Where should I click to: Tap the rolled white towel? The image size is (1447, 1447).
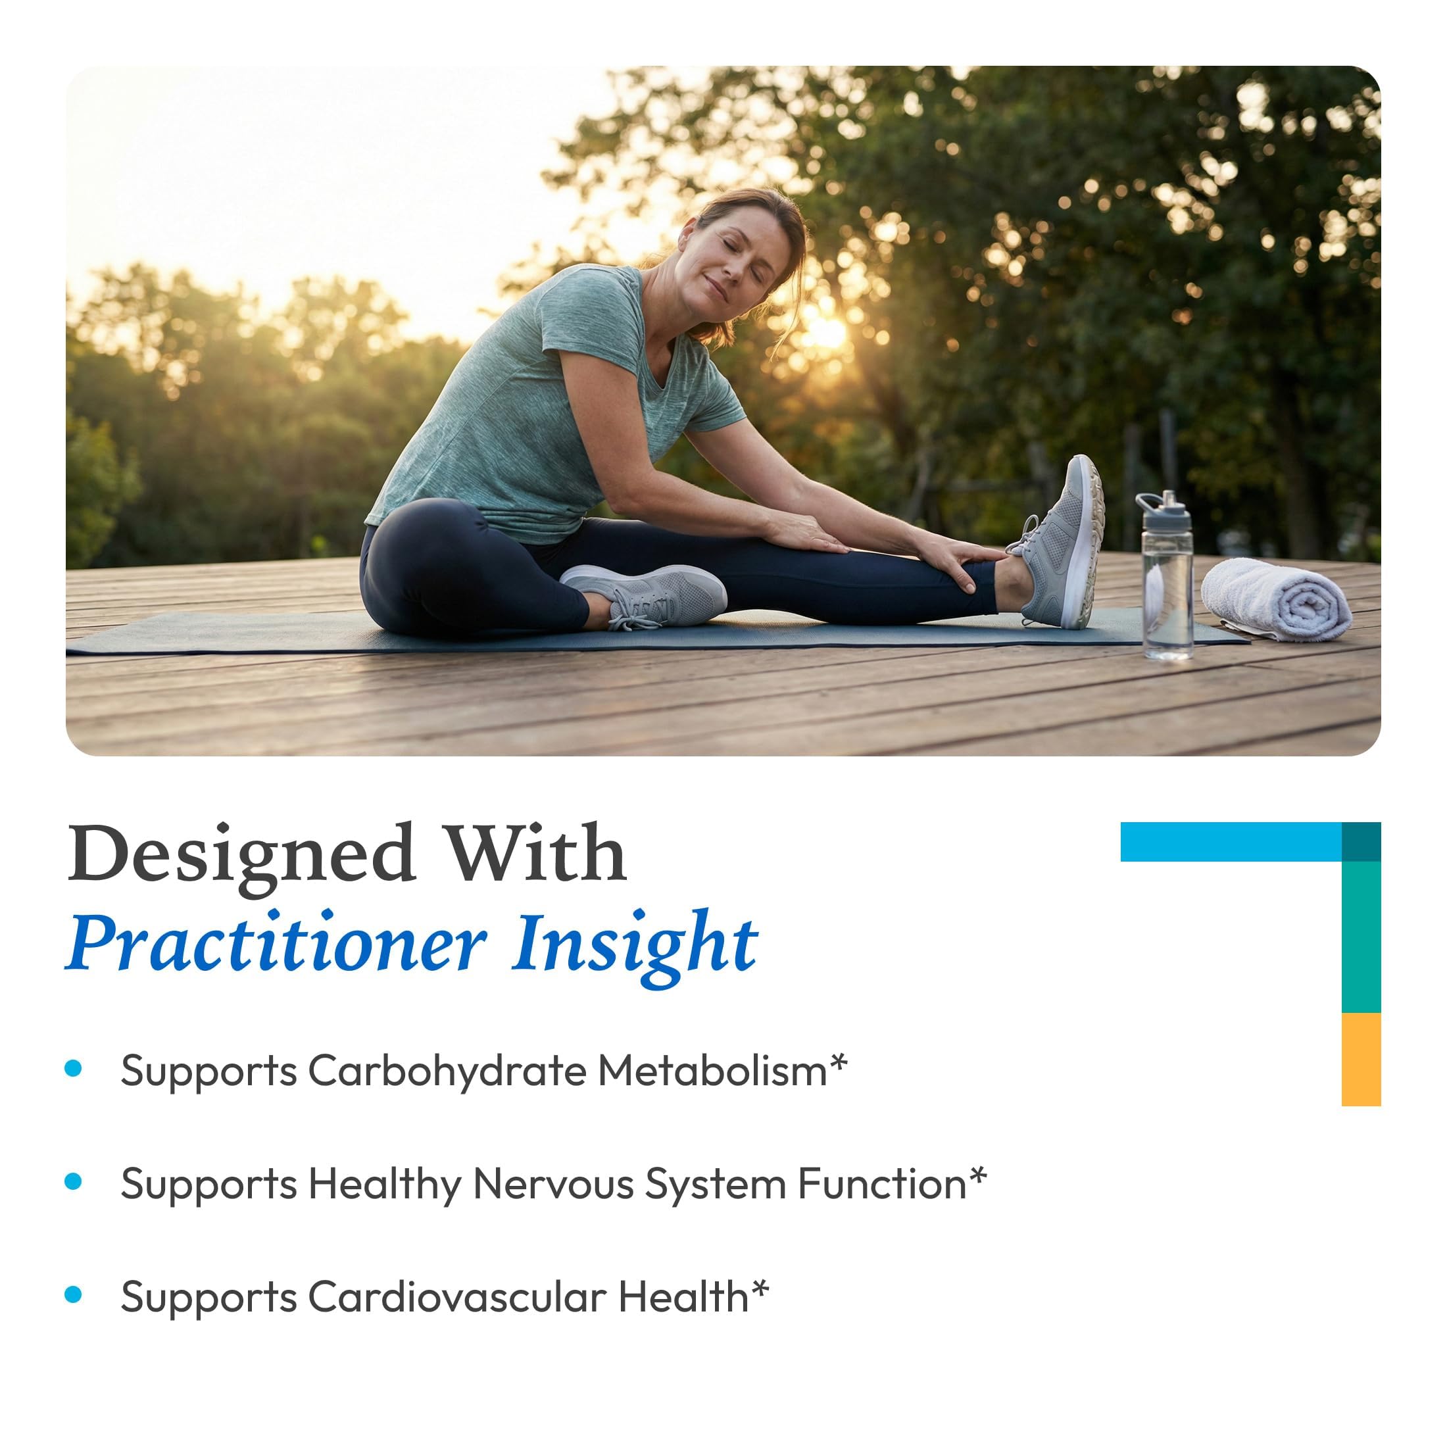1275,601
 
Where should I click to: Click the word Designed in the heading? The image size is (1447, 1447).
241,854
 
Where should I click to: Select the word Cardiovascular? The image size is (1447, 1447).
457,1297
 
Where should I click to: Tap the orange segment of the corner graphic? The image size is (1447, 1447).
1361,1059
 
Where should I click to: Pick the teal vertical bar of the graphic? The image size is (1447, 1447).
1361,936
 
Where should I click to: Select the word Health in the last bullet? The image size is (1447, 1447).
683,1297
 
